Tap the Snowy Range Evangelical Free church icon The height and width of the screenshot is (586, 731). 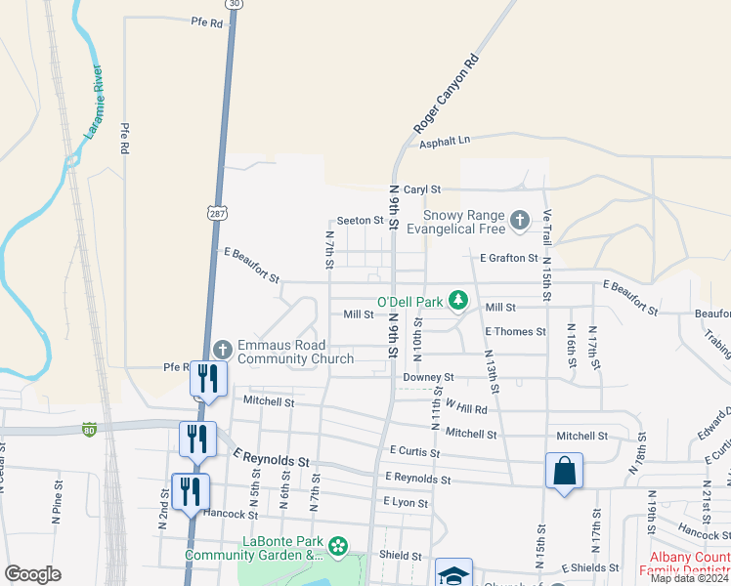(519, 222)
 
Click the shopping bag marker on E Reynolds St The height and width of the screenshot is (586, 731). (564, 472)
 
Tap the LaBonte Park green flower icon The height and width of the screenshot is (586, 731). (338, 546)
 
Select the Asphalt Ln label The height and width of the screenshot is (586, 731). (445, 142)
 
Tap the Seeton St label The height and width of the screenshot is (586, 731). (360, 221)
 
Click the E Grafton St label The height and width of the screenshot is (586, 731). (508, 258)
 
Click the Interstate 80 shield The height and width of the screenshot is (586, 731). (89, 430)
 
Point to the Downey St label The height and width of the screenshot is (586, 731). (428, 377)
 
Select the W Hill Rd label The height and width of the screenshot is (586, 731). (465, 407)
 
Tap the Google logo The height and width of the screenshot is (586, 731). (32, 574)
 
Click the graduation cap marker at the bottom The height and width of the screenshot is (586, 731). (453, 574)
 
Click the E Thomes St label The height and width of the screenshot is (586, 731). (515, 332)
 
